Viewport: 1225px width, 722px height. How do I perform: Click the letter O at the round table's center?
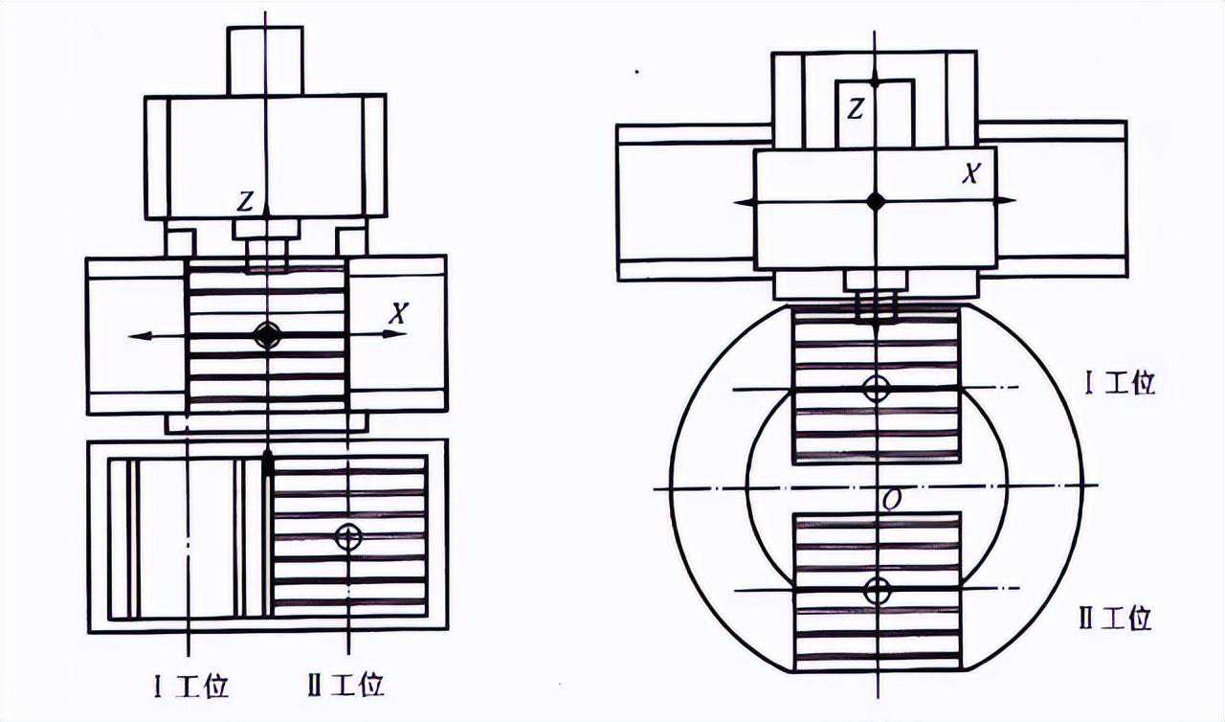click(x=891, y=500)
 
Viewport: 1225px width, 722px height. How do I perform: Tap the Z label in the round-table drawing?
click(x=855, y=109)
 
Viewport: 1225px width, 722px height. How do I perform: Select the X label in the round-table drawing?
click(x=971, y=173)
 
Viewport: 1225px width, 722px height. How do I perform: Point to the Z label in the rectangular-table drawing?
click(x=247, y=201)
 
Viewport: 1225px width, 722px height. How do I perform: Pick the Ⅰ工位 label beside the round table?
click(x=1120, y=384)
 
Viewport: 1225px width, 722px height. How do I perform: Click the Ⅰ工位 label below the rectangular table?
click(x=191, y=686)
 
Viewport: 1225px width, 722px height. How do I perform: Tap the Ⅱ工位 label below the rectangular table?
click(x=346, y=686)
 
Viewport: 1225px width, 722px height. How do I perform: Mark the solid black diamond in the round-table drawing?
click(x=875, y=200)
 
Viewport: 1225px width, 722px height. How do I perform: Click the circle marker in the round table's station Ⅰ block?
click(x=876, y=389)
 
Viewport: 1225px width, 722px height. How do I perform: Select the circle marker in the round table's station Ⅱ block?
click(x=876, y=590)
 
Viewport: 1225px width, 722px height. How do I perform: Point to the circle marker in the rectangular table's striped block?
click(x=349, y=537)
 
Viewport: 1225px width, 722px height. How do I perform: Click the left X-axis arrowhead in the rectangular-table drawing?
click(x=137, y=335)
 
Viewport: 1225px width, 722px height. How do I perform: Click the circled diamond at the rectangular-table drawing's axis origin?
click(x=266, y=335)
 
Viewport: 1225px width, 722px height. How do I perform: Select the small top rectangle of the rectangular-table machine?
click(x=265, y=60)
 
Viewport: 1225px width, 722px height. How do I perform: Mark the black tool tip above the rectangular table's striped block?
click(x=267, y=463)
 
